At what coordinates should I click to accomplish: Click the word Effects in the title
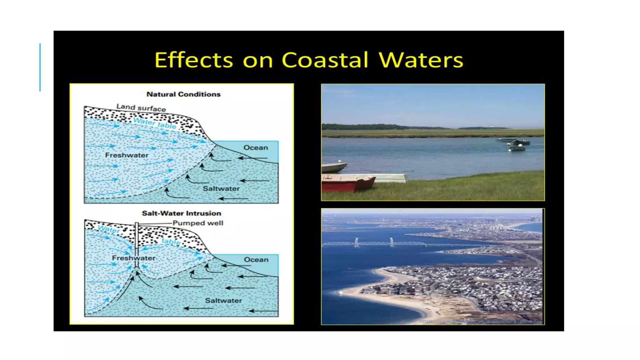click(x=194, y=60)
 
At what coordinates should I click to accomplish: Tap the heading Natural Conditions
click(x=183, y=94)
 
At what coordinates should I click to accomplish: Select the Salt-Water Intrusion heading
click(x=181, y=213)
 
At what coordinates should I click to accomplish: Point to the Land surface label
click(x=141, y=108)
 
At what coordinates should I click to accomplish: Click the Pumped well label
click(x=198, y=223)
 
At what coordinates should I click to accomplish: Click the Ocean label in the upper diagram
click(x=256, y=147)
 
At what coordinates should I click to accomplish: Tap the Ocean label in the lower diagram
click(x=256, y=260)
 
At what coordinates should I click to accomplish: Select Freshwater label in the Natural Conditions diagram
click(x=127, y=155)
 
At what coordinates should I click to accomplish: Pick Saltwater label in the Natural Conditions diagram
click(x=221, y=189)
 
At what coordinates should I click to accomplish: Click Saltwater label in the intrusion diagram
click(x=223, y=301)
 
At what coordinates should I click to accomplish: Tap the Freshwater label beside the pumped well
click(x=133, y=258)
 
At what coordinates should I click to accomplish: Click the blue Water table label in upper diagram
click(x=155, y=123)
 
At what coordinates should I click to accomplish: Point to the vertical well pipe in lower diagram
click(x=137, y=241)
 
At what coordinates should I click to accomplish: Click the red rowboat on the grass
click(x=347, y=184)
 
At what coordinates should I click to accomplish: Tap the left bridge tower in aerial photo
click(x=357, y=242)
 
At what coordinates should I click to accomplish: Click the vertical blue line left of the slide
click(x=40, y=67)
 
